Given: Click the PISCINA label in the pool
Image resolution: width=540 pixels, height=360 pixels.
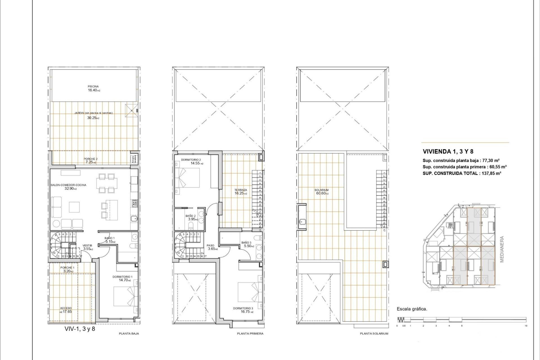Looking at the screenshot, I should coord(93,87).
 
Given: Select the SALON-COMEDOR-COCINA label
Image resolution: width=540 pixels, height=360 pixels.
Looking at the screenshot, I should coord(68,185).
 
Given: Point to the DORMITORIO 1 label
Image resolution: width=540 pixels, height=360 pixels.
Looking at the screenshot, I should coord(122,277).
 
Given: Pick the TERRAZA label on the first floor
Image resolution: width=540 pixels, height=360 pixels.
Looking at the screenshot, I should coord(241,190).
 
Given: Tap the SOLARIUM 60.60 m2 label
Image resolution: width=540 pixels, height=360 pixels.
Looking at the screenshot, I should coord(321,192).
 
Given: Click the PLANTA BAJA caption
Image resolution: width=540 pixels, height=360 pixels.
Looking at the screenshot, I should coord(129,334).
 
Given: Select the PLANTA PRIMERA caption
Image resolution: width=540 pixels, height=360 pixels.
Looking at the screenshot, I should coord(250,334).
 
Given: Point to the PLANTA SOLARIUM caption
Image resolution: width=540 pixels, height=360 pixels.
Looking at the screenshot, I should coord(374,334).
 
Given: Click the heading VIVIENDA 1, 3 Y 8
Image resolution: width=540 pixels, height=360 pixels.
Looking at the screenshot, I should coord(448,152).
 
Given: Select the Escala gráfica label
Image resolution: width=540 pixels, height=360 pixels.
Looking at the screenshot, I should coord(412,309).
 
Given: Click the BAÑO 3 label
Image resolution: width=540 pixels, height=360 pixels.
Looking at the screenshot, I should coord(246,242).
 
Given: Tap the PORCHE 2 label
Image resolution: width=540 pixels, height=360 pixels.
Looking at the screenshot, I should coord(91,159).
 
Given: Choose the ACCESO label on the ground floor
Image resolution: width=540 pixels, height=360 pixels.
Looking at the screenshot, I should coord(66,308).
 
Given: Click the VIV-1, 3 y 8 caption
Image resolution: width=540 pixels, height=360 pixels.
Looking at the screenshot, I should coord(80,328).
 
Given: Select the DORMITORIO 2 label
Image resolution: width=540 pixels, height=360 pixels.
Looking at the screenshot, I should coord(191,160).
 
